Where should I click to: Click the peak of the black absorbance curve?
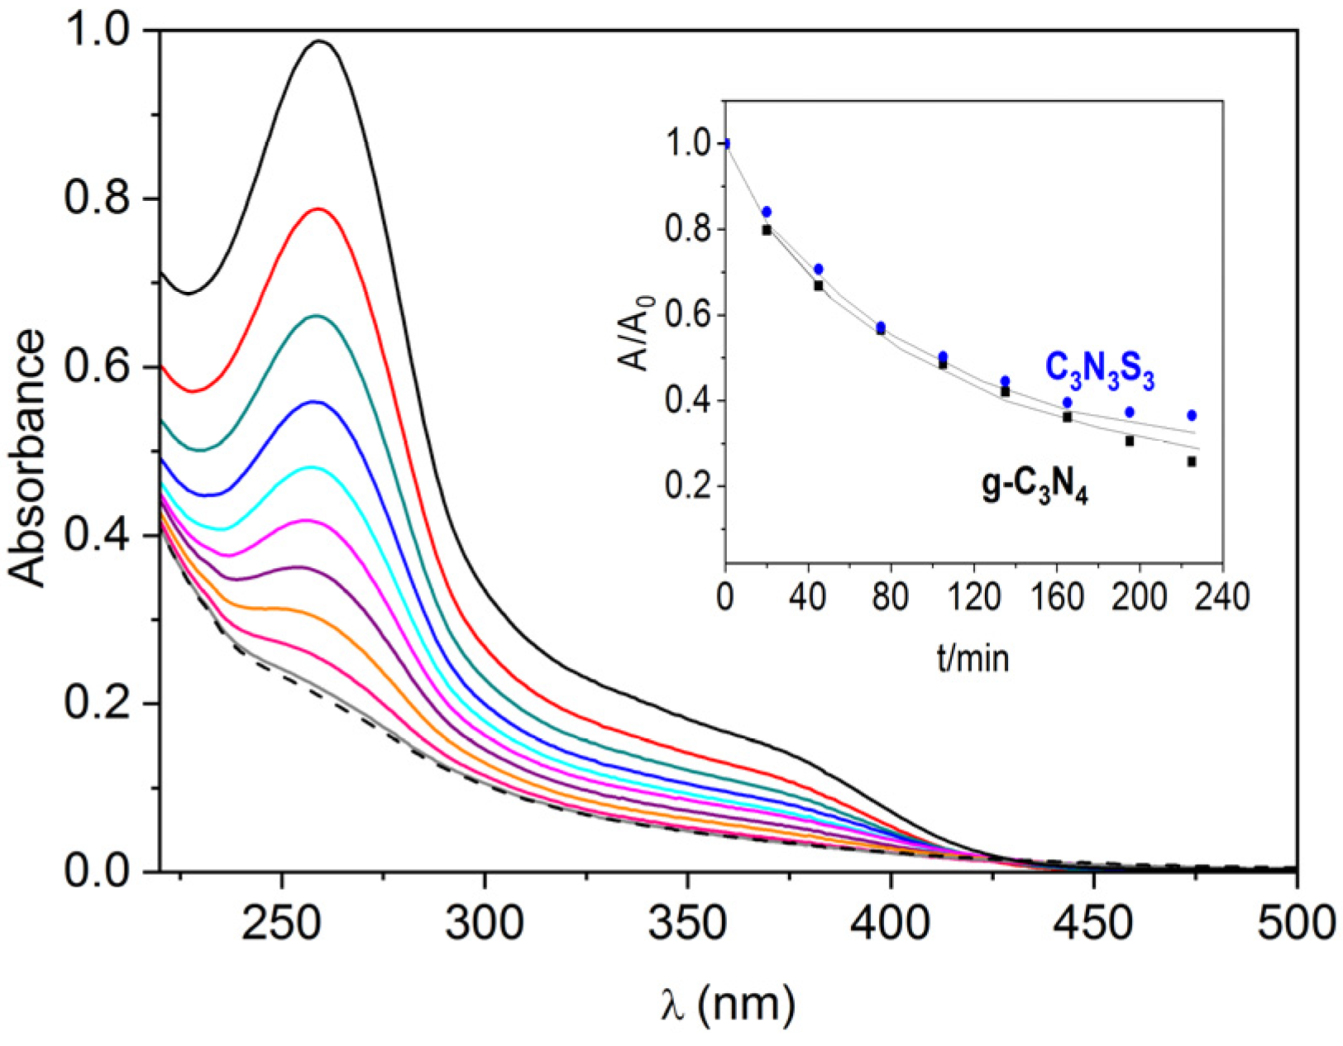(320, 41)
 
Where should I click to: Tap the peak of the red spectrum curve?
(318, 209)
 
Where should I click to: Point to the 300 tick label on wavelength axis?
(485, 922)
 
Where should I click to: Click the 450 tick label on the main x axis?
(1094, 922)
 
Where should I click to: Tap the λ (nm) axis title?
(728, 1003)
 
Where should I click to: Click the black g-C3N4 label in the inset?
(1035, 490)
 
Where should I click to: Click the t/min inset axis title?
(973, 659)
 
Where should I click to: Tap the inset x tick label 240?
(1221, 597)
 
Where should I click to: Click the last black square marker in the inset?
(1192, 461)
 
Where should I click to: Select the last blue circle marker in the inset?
(1192, 415)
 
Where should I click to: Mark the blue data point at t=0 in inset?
(726, 144)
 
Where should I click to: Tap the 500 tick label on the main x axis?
(1295, 922)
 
